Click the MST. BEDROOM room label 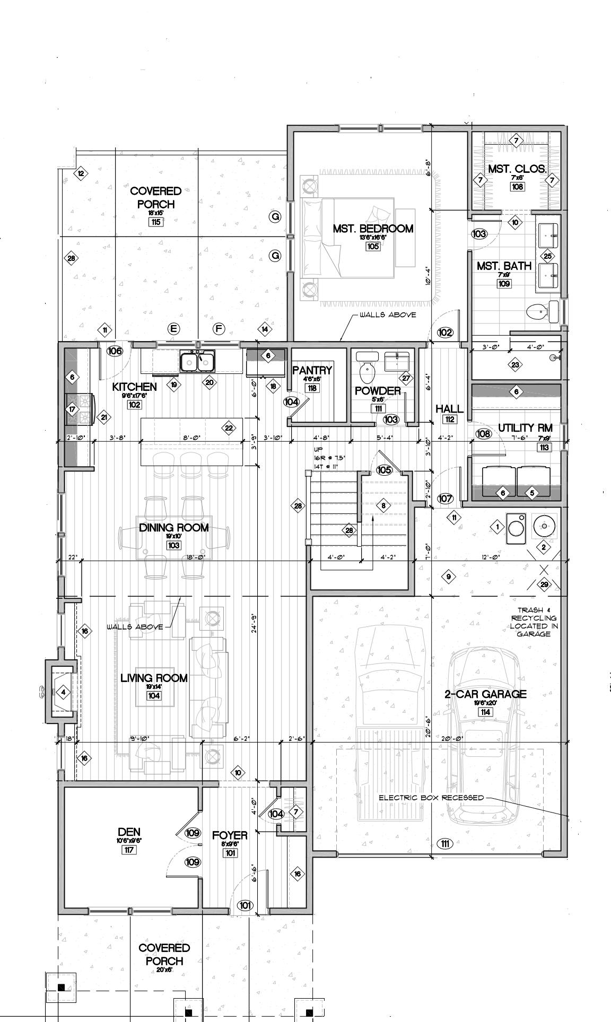click(x=373, y=229)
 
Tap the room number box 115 click(x=155, y=222)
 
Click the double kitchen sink click(x=197, y=362)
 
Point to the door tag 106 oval click(x=115, y=351)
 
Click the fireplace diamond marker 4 click(x=63, y=692)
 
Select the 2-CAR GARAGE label click(x=485, y=694)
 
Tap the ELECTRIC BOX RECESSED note click(x=431, y=797)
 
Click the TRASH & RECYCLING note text click(x=534, y=622)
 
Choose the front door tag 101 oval click(x=245, y=905)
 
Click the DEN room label click(x=129, y=832)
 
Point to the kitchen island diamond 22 click(x=229, y=428)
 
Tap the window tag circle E click(x=173, y=329)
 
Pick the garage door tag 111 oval click(x=444, y=843)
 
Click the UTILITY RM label click(x=525, y=427)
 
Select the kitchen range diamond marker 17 click(x=73, y=409)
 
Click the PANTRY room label click(x=312, y=370)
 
